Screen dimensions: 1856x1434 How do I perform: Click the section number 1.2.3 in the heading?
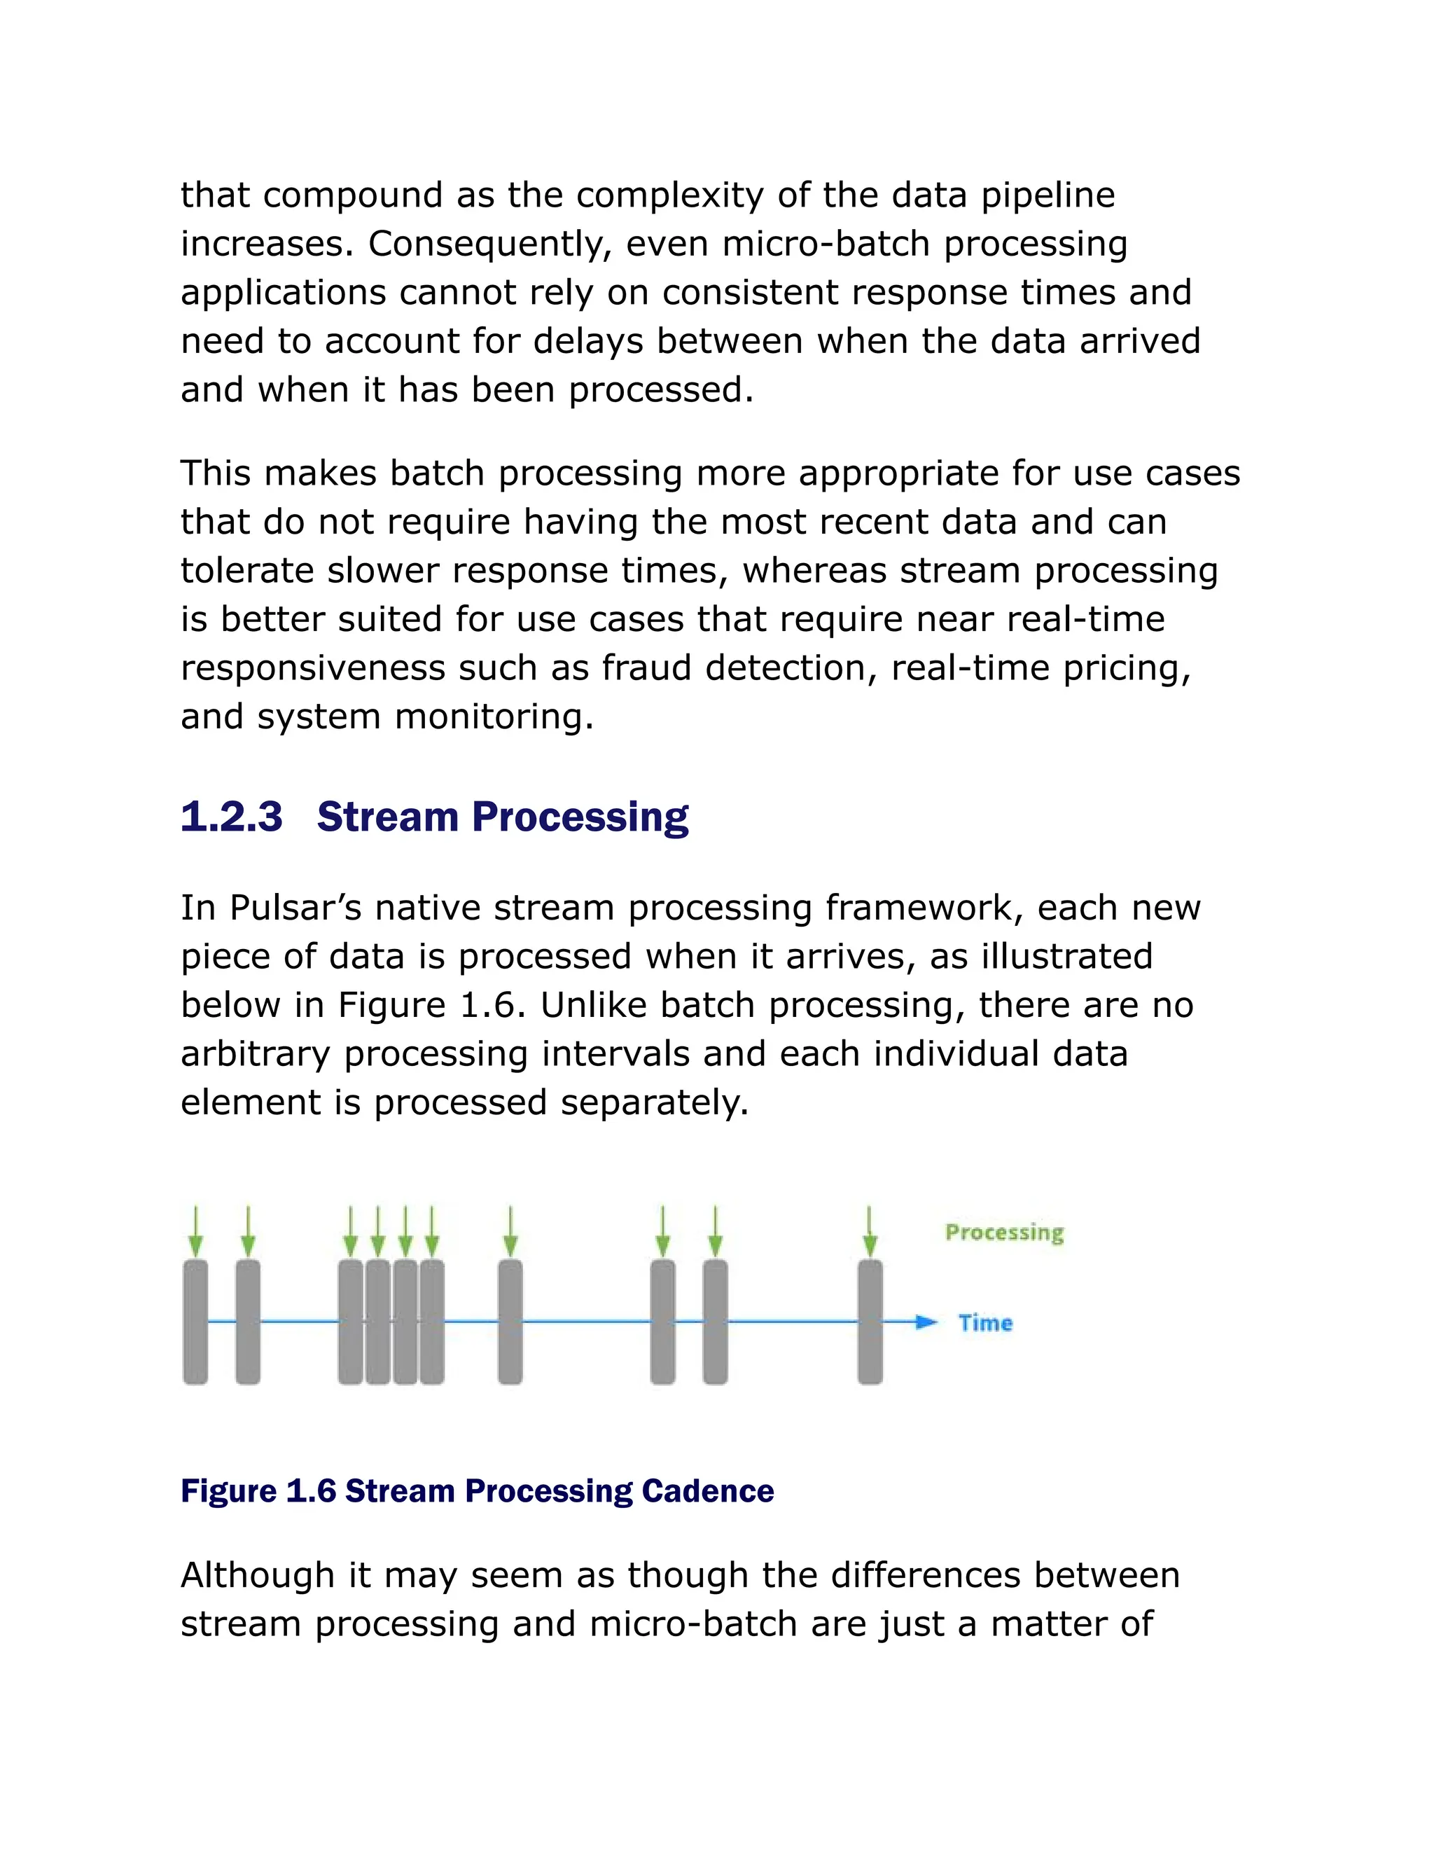coord(231,817)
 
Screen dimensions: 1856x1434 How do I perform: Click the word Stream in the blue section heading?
coord(387,817)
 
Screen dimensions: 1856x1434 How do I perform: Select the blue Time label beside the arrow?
coord(985,1322)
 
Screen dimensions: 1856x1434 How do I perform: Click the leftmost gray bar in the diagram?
coord(195,1322)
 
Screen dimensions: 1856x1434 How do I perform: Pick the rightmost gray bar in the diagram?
coord(870,1322)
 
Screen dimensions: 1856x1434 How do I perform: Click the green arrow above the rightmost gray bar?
coord(869,1231)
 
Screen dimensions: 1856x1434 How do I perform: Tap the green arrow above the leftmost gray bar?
coord(195,1231)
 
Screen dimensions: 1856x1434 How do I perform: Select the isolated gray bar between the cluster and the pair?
coord(510,1322)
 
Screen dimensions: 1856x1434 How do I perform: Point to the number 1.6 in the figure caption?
coord(311,1490)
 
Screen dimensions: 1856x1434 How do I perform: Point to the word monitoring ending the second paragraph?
coord(494,717)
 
